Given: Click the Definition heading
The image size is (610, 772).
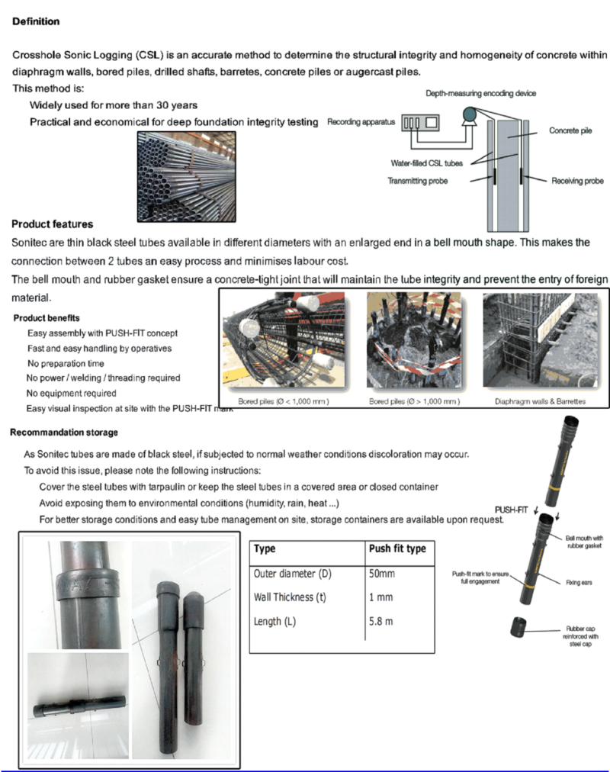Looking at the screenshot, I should click(36, 21).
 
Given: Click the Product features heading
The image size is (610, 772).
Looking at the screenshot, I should click(53, 224).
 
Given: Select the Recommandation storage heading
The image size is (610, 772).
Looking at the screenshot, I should click(64, 433).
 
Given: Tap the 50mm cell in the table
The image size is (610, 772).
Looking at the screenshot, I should click(384, 574).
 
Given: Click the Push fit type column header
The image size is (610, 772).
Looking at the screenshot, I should click(396, 548).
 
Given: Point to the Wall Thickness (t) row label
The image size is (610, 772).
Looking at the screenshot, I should click(290, 597).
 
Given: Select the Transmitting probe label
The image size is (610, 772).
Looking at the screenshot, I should click(418, 181).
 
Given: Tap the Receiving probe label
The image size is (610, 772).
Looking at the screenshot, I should click(577, 181).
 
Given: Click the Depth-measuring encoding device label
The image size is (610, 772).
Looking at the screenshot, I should click(480, 93).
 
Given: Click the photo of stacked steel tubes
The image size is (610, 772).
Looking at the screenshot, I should click(186, 166).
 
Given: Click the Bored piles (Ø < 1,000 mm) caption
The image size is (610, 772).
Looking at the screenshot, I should click(276, 400).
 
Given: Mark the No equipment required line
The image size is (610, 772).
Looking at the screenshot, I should click(72, 394).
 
